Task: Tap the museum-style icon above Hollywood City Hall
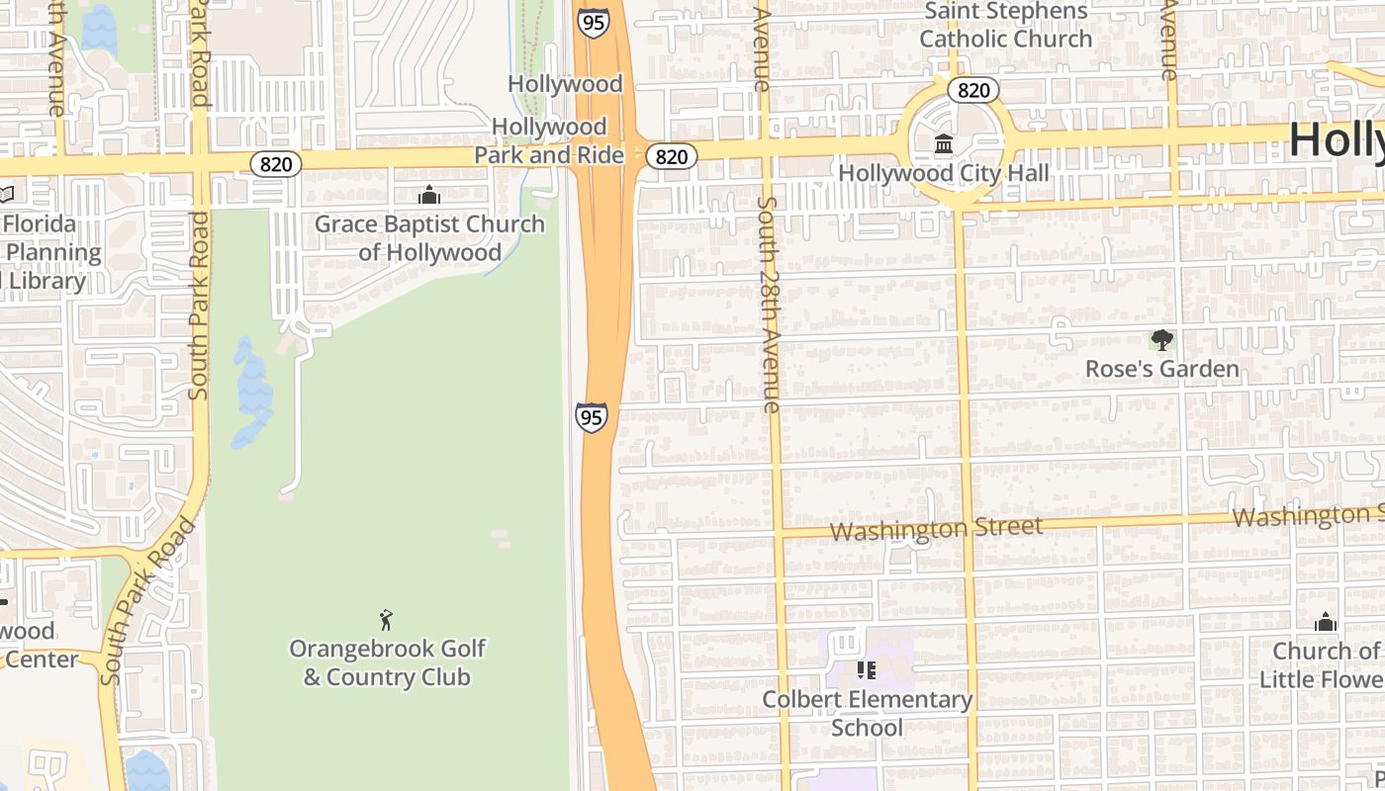coord(943,145)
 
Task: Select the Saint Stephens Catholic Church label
coord(1005,26)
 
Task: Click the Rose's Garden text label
coord(1161,369)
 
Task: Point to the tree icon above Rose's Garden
coord(1161,341)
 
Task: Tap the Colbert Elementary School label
coord(867,713)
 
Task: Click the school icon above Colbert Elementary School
coord(867,670)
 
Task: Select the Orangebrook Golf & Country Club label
coord(387,663)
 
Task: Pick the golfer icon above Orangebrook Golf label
coord(386,621)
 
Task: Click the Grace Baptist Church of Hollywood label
coord(429,238)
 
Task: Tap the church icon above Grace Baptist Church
coord(429,195)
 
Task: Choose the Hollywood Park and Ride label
coord(549,140)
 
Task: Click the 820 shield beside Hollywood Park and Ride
coord(672,156)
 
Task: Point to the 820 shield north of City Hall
coord(973,90)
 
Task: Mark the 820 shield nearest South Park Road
coord(275,163)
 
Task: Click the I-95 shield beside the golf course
coord(591,416)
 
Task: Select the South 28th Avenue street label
coord(769,304)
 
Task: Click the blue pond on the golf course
coord(252,391)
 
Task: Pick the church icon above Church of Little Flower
coord(1325,622)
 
